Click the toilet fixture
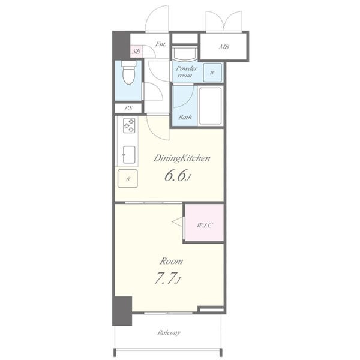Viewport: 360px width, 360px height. click(129, 73)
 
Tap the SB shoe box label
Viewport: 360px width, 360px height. click(136, 51)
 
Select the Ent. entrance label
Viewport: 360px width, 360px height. click(160, 44)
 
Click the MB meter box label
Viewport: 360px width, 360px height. click(224, 47)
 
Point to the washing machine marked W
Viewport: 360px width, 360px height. click(212, 73)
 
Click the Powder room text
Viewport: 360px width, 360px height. click(187, 71)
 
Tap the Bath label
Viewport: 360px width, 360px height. click(185, 118)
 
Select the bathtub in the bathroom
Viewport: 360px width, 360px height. click(211, 106)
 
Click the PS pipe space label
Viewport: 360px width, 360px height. click(129, 108)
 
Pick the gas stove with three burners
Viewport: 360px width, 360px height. click(129, 125)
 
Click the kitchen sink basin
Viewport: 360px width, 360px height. click(129, 155)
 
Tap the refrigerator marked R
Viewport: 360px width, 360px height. click(128, 178)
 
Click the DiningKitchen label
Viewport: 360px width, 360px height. click(182, 158)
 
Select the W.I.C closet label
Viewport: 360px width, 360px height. click(205, 225)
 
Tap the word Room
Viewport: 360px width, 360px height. click(171, 261)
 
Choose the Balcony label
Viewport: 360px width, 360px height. click(169, 332)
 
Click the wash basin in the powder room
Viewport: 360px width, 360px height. click(185, 53)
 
